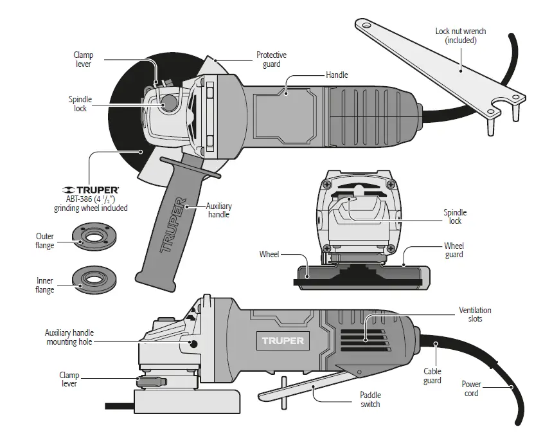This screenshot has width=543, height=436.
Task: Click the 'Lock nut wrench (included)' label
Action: pyautogui.click(x=460, y=35)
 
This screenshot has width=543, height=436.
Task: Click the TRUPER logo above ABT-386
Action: pyautogui.click(x=91, y=190)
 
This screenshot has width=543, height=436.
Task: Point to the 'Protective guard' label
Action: pyautogui.click(x=271, y=60)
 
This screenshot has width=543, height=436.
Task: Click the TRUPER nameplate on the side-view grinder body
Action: pyautogui.click(x=283, y=340)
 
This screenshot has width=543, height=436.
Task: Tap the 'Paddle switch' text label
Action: pyautogui.click(x=369, y=399)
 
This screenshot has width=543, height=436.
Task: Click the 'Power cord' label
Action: pyautogui.click(x=471, y=389)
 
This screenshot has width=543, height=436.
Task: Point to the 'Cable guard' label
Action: pyautogui.click(x=432, y=376)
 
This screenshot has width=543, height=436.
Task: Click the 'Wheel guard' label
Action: pyautogui.click(x=454, y=250)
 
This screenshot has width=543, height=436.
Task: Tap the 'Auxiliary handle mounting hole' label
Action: pyautogui.click(x=68, y=338)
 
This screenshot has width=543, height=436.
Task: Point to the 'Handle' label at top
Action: pyautogui.click(x=337, y=75)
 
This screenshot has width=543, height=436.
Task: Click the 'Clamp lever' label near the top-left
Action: pyautogui.click(x=83, y=60)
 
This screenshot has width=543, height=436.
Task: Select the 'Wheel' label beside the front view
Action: pyautogui.click(x=269, y=254)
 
